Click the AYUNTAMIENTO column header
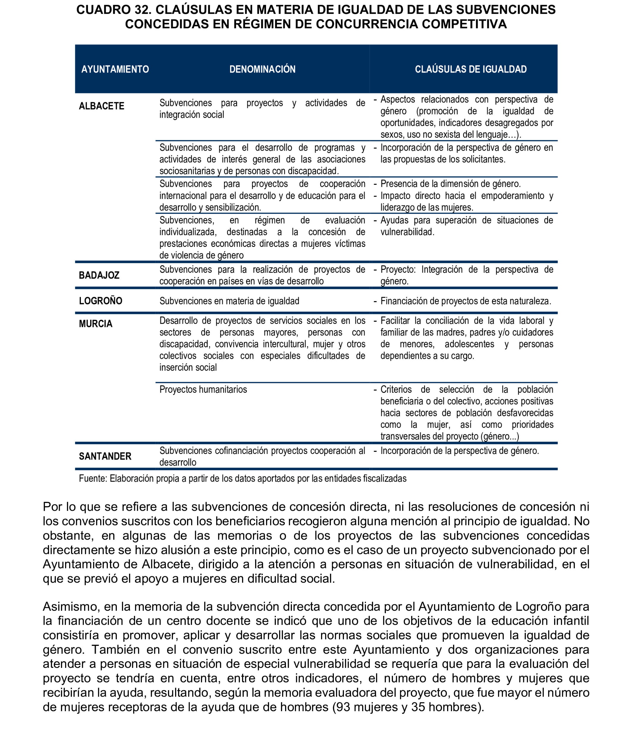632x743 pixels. [115, 69]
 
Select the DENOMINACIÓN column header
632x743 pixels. [262, 69]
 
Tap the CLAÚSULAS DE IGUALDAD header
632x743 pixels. [470, 69]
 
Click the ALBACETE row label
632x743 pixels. [102, 106]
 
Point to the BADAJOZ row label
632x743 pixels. [99, 275]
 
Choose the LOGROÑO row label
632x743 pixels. [101, 301]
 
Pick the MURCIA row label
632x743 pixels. [96, 324]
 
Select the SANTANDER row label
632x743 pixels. [105, 456]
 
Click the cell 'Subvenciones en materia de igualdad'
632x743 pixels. [229, 301]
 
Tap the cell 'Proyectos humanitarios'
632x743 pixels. [203, 389]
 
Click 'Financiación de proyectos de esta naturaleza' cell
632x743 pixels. [466, 301]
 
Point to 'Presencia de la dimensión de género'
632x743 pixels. [450, 184]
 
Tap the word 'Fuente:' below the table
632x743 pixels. [93, 478]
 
